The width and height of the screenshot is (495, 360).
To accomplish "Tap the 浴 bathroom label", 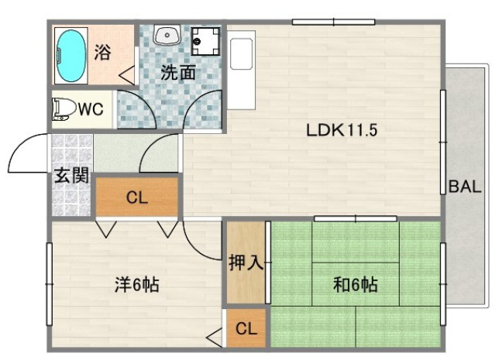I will click(x=103, y=53).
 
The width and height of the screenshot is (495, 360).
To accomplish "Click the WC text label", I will click(x=91, y=109).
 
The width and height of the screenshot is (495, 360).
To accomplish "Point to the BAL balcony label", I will click(x=465, y=187).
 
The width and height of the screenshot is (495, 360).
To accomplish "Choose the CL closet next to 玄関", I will click(x=137, y=197).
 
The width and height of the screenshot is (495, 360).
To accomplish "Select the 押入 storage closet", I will click(x=246, y=262).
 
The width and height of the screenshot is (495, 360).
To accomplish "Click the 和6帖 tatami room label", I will click(x=356, y=286).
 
